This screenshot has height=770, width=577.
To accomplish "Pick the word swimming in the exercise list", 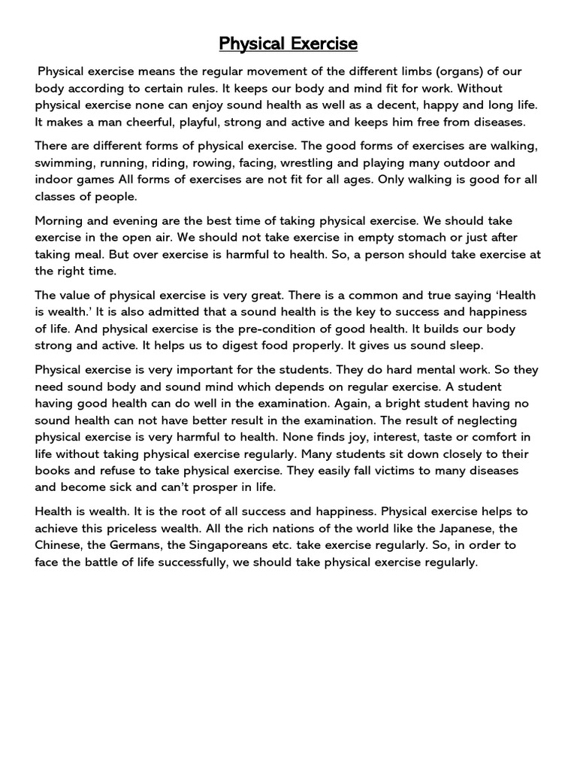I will (x=66, y=163).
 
